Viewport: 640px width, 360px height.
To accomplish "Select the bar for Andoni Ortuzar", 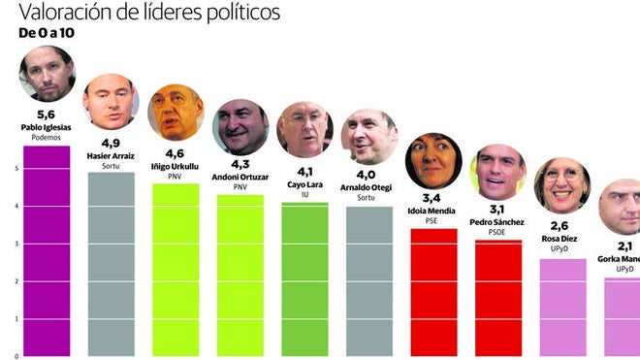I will click(240, 276).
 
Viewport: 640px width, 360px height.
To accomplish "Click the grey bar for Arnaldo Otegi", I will click(368, 281).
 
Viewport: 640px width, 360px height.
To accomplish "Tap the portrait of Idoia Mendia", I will click(433, 160).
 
